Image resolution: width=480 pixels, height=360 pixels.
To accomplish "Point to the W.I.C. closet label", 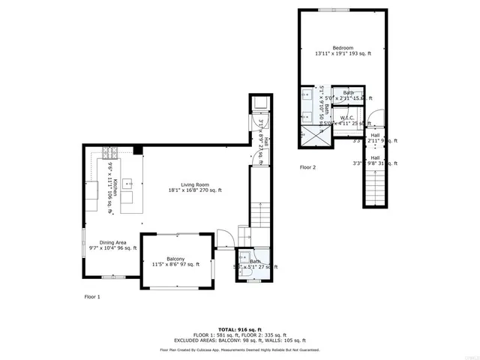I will (347, 118).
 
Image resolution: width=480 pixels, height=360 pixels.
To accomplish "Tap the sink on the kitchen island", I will (127, 182).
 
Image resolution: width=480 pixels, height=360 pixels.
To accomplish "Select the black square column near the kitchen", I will (138, 151).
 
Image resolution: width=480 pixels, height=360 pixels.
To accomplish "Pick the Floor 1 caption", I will (91, 297).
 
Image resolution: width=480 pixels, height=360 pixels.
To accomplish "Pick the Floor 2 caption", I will (307, 167).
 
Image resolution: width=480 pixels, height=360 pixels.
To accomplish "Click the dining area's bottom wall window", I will (113, 277).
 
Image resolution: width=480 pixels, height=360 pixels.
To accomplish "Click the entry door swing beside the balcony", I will (223, 239).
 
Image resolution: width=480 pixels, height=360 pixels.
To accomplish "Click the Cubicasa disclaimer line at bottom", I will (240, 349).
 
